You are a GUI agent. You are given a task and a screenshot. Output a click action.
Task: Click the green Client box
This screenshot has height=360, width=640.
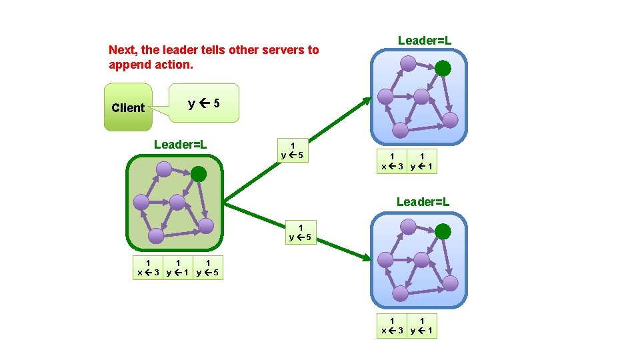coord(128,107)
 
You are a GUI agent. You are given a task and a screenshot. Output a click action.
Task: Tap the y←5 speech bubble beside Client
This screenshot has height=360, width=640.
coord(204,103)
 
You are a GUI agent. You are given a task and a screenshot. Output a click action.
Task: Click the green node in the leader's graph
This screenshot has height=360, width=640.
coord(199,174)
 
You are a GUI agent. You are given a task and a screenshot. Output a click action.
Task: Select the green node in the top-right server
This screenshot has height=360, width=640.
coord(442,68)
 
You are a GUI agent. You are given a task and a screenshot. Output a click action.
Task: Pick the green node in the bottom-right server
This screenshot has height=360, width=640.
coord(443,232)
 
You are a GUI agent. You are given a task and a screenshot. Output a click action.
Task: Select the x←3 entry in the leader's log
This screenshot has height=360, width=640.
coord(148,267)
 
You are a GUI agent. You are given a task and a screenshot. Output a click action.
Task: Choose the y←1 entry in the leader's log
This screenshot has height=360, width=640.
coord(178,267)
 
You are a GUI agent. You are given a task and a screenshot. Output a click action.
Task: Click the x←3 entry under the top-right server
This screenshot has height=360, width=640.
coord(391,162)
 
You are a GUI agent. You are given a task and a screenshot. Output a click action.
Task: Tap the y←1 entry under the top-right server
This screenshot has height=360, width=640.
coord(423,162)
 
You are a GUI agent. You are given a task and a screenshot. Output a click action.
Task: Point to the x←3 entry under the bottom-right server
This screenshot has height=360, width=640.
coord(391,325)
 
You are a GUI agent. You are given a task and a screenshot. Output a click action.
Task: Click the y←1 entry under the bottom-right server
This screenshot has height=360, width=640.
coord(423,325)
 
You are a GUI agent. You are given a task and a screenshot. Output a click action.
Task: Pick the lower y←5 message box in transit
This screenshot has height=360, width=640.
coord(301,232)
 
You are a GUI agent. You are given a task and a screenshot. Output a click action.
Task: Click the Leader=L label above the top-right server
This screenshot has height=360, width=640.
coord(425,41)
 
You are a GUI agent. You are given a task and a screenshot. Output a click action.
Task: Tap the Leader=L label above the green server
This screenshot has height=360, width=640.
coord(180,144)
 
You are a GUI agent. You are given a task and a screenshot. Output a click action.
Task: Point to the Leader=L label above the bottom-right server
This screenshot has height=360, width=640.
coord(423,201)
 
